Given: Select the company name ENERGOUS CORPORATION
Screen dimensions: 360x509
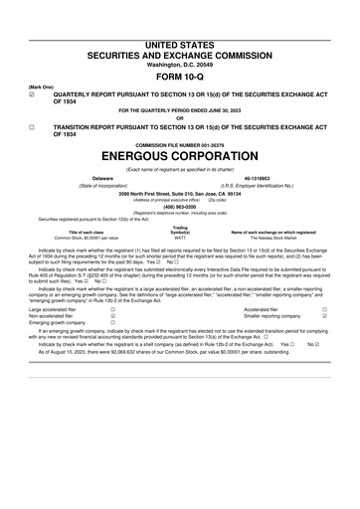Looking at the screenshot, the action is [179, 157].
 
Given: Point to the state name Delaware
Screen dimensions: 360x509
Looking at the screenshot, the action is [89, 177].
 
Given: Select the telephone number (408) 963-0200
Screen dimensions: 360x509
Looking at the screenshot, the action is [179, 207].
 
